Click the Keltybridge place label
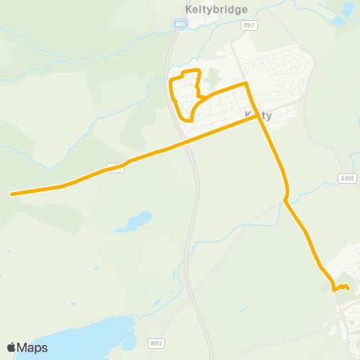pos(211,10)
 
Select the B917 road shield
pos(249,25)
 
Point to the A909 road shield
pos(346,178)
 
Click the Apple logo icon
pos(11,347)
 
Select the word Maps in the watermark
pos(32,347)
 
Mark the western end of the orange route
pos(11,194)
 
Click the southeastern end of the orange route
pos(349,288)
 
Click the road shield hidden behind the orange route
pos(115,166)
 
